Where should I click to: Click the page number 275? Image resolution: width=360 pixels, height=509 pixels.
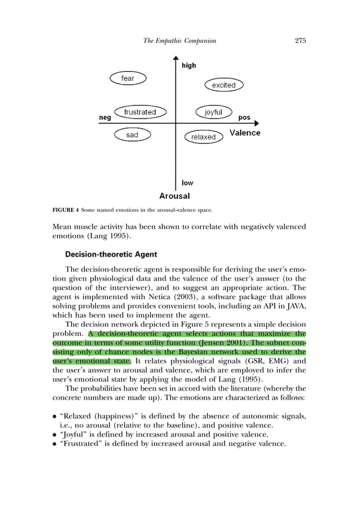[300, 41]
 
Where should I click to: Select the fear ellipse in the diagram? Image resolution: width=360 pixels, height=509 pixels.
[128, 78]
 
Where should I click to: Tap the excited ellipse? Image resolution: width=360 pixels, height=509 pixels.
[223, 85]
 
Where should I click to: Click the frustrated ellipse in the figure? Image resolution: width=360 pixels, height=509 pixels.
[140, 112]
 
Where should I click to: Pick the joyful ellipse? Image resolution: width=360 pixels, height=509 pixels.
[213, 112]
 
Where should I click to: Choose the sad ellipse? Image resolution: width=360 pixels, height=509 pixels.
[132, 135]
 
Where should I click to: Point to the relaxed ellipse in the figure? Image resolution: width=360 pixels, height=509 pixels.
[204, 137]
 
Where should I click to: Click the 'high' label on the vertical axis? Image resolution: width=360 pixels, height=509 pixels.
[189, 65]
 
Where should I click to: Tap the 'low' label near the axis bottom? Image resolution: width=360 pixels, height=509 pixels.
[187, 183]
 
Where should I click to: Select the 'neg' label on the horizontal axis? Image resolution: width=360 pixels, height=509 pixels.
[105, 118]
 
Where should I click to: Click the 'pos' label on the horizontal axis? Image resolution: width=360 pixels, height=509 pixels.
[244, 118]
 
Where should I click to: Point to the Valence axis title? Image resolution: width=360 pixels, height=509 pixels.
[245, 133]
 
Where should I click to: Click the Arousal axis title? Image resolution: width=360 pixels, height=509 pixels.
[174, 196]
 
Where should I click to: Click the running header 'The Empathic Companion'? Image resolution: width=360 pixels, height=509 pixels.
[179, 41]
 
